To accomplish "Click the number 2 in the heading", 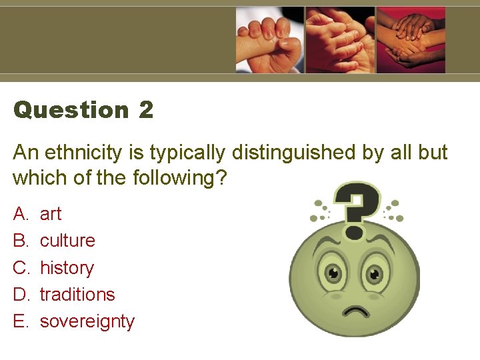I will click(x=146, y=110).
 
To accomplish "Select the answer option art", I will click(x=51, y=214).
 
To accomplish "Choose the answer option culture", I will click(x=67, y=241).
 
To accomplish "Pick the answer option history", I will click(x=67, y=268).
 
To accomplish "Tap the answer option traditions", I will click(x=77, y=294).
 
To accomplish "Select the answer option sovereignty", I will click(x=87, y=321).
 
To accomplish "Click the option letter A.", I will click(x=20, y=214).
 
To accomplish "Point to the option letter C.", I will click(x=21, y=268).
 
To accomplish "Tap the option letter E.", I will click(x=20, y=321).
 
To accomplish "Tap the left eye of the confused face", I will click(x=331, y=273).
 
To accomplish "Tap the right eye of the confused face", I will click(x=375, y=273).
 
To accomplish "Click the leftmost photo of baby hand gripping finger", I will click(x=270, y=39).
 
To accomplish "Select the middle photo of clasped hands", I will click(x=340, y=39).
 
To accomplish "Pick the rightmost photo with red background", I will click(x=411, y=39).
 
